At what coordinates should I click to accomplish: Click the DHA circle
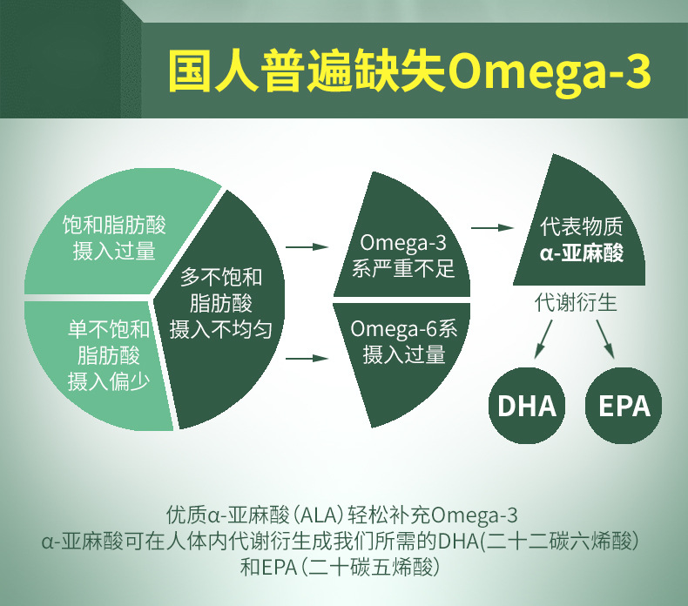click(527, 406)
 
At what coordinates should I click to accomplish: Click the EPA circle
click(624, 406)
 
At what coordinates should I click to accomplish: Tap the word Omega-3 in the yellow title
click(549, 71)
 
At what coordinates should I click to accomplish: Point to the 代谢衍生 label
click(576, 303)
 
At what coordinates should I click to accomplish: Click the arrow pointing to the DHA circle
click(543, 339)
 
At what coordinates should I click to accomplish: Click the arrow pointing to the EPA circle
click(605, 339)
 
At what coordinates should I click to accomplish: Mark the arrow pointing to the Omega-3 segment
click(307, 247)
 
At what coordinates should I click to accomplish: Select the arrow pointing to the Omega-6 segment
click(307, 359)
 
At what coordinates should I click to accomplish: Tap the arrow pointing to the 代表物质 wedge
click(492, 228)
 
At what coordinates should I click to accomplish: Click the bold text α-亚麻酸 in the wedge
click(582, 253)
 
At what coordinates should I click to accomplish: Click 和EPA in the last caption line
click(268, 567)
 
